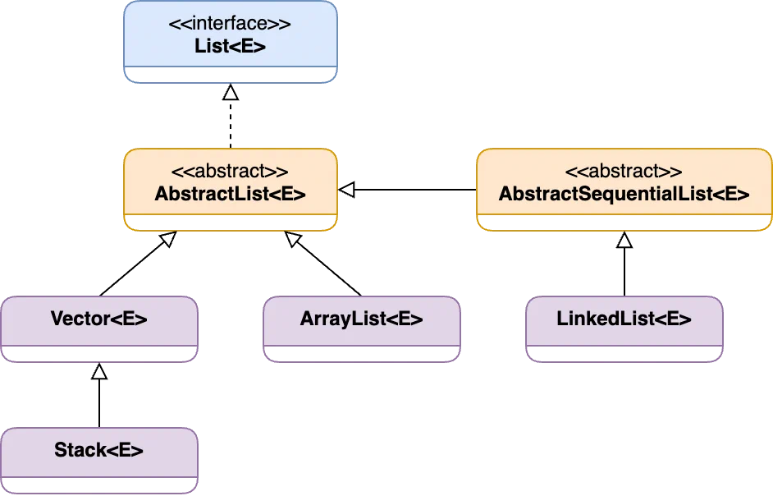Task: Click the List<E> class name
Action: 230,46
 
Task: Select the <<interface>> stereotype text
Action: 230,24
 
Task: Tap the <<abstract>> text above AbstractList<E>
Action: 230,172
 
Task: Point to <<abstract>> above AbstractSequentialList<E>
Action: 624,172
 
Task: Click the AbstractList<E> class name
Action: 230,195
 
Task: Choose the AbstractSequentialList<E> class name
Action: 624,195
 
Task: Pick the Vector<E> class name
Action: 98,319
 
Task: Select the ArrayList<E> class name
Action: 361,319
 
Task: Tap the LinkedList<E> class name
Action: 624,319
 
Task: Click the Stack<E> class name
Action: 98,450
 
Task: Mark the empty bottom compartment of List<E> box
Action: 230,76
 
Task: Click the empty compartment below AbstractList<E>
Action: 230,224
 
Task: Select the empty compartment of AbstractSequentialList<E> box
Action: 624,224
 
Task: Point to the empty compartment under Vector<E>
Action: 98,355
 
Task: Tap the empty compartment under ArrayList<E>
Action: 361,355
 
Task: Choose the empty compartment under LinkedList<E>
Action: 624,355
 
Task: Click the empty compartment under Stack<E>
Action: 98,486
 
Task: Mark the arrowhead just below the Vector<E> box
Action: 99,364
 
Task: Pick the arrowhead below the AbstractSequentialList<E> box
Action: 624,233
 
